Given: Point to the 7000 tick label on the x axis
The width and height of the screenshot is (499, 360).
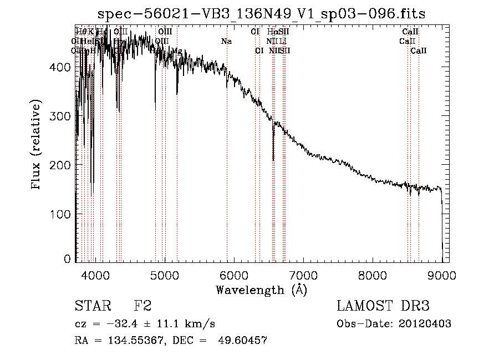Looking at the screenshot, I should (303, 275).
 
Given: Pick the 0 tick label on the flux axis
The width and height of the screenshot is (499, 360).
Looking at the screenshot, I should (67, 259).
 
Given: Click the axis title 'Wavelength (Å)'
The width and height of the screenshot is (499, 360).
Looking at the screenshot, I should (261, 289).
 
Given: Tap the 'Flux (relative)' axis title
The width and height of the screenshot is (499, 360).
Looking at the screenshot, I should (37, 145).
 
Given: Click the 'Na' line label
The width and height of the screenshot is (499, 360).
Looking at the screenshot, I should (226, 41).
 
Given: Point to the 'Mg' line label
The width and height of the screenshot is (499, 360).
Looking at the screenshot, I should (176, 51).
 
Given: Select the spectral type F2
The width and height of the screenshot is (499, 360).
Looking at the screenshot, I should (142, 306).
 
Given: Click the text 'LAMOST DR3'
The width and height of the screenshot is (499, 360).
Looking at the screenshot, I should (383, 306).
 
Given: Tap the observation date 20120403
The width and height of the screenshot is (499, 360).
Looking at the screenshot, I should (425, 324).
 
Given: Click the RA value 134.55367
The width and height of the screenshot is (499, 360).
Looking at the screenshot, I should (124, 341).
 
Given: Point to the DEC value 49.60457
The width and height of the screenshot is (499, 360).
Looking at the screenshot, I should (242, 341).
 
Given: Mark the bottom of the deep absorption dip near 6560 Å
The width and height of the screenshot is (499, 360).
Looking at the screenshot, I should (273, 160).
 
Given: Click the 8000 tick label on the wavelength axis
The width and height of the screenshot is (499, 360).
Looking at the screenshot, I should (373, 275).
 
